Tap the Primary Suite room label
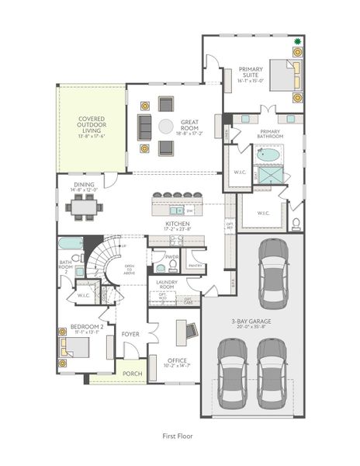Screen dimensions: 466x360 click(x=251, y=74)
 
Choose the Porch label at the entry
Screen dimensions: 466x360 click(x=133, y=374)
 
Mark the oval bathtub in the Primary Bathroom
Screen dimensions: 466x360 click(x=269, y=155)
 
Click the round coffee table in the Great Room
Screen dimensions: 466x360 click(x=166, y=126)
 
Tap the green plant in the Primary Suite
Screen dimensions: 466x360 click(x=296, y=40)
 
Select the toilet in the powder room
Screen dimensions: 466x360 click(x=161, y=266)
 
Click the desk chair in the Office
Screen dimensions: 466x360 click(x=180, y=330)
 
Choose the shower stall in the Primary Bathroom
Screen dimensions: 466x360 click(x=272, y=176)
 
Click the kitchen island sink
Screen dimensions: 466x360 click(x=178, y=210)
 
